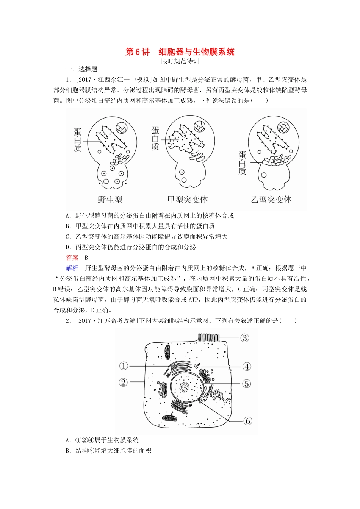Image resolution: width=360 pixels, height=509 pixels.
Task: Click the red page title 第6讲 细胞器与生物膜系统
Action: click(x=180, y=52)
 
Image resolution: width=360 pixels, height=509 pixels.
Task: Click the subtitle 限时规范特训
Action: click(x=180, y=61)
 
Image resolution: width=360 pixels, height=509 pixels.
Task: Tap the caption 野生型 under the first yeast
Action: click(x=110, y=200)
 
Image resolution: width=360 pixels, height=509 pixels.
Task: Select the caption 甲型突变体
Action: click(x=188, y=200)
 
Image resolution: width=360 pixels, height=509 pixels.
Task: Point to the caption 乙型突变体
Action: click(x=271, y=200)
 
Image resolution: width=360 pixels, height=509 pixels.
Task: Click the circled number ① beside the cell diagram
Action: click(x=124, y=366)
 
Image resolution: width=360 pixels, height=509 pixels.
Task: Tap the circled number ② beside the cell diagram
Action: click(x=123, y=382)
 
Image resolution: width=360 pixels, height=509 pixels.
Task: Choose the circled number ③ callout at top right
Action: click(x=244, y=338)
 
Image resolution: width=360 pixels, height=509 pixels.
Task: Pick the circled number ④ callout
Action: click(x=247, y=367)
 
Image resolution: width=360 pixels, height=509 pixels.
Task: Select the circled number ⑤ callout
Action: click(x=247, y=384)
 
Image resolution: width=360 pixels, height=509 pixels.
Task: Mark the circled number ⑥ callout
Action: click(x=248, y=421)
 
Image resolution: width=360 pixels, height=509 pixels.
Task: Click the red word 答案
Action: click(x=72, y=258)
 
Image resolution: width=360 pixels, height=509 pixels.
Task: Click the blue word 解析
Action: click(x=72, y=268)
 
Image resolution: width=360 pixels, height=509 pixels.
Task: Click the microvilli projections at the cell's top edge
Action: click(x=208, y=338)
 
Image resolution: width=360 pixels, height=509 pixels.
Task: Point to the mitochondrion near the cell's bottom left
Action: click(x=169, y=418)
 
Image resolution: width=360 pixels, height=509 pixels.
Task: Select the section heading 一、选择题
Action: click(x=82, y=69)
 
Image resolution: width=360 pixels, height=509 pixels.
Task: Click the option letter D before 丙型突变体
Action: click(x=68, y=247)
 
